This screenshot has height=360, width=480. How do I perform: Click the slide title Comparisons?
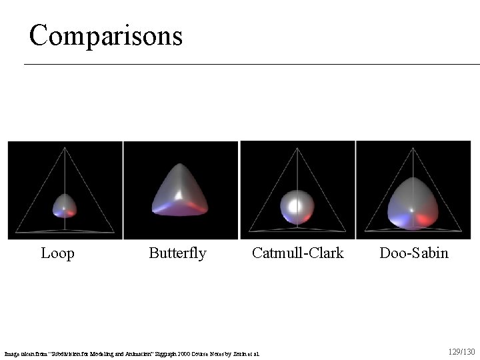coord(105,35)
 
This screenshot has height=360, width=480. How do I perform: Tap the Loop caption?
coord(57,253)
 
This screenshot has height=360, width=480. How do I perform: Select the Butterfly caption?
coord(177,253)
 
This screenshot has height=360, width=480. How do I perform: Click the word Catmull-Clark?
coord(297,253)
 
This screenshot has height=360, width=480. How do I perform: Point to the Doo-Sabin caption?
coord(414,253)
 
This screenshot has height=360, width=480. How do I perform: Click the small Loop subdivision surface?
coord(64,205)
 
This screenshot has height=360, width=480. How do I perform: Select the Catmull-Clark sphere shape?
coord(297,207)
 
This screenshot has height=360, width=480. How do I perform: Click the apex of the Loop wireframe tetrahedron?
coord(65,149)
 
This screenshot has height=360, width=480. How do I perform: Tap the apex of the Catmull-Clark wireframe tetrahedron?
coord(297,148)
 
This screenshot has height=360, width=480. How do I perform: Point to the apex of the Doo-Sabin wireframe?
coord(413,149)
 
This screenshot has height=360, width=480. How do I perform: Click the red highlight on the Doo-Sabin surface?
coord(424,218)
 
